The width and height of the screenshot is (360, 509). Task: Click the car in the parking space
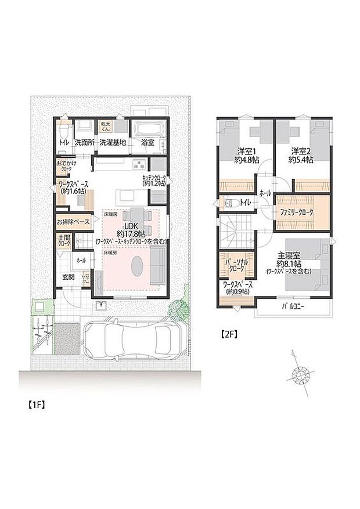point(135,341)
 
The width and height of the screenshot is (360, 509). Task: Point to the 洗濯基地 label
point(112,141)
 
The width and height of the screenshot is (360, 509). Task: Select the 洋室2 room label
point(301,151)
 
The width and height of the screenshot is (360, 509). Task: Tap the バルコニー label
point(293,306)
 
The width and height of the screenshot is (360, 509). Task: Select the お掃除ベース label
point(73,222)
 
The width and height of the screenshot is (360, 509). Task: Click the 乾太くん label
point(106,127)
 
